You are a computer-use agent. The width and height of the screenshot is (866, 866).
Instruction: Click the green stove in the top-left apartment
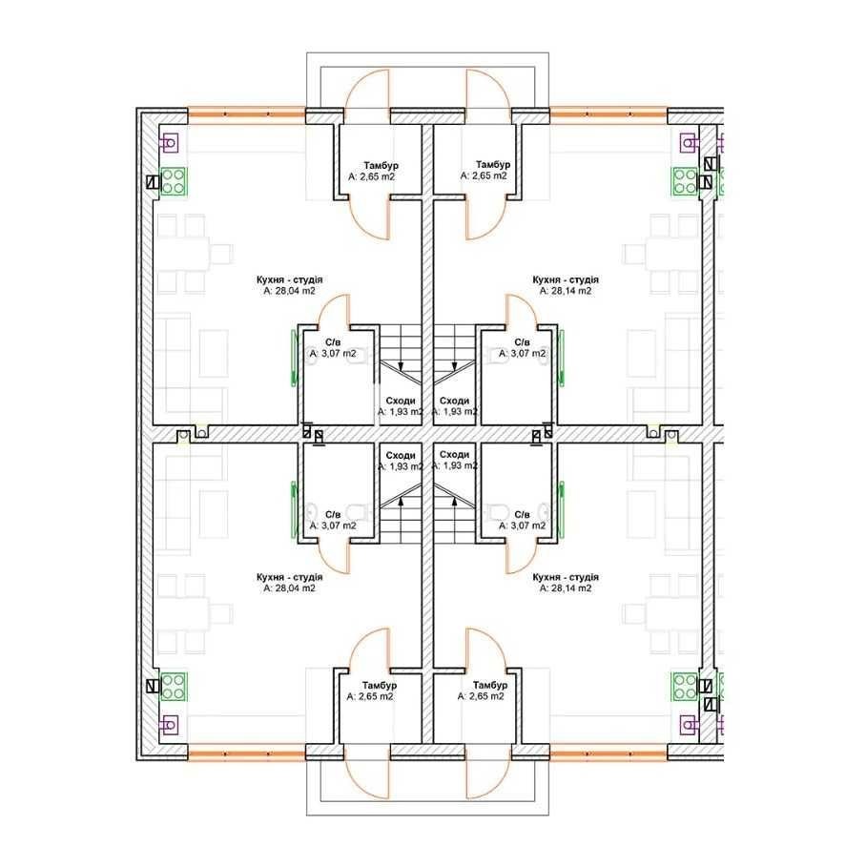[174, 182]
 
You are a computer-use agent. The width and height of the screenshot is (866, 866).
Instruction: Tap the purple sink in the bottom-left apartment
[169, 724]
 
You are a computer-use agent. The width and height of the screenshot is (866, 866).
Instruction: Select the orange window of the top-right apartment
[608, 115]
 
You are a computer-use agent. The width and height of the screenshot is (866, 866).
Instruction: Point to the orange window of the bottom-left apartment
[246, 753]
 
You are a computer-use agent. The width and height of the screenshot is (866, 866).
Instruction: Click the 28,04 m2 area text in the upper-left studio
[289, 291]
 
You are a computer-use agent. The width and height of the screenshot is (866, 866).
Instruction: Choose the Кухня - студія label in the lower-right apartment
[566, 577]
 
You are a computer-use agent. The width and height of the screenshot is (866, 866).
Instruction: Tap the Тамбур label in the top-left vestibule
[381, 166]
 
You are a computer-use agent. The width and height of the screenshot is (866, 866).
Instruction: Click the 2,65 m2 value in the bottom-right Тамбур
[481, 696]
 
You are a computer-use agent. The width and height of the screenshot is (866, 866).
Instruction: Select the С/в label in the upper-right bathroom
[522, 342]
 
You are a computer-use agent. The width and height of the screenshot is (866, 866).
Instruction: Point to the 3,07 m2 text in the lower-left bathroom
[333, 526]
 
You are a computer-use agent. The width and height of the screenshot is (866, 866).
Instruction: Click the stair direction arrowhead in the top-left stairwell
[401, 365]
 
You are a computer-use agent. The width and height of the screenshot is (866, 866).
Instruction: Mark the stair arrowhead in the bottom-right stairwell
[455, 501]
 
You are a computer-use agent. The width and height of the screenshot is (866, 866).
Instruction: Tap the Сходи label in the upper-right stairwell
[455, 401]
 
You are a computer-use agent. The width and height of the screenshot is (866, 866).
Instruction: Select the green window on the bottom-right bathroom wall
[561, 509]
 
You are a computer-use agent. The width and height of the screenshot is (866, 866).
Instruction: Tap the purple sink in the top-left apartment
[169, 143]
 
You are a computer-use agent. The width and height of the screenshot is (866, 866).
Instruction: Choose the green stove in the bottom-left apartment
[174, 687]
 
